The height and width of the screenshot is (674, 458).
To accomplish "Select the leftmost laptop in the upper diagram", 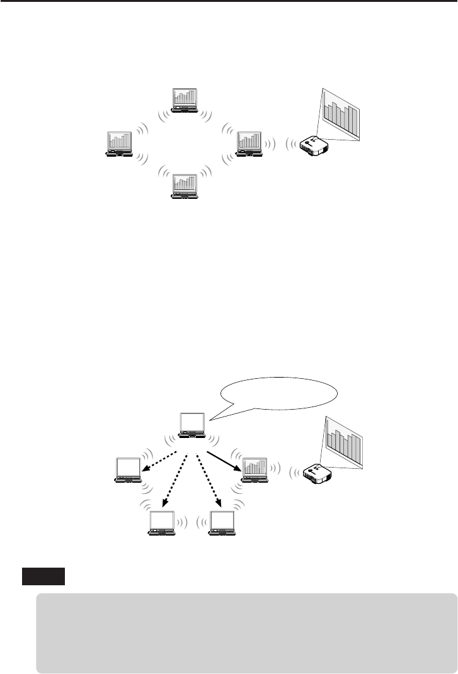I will tap(120, 143).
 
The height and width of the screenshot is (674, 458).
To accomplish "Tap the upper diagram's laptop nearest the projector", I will tap(249, 143).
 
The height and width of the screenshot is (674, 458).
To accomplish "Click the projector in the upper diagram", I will tap(313, 146).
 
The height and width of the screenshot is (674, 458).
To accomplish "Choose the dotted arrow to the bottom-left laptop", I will tap(175, 479).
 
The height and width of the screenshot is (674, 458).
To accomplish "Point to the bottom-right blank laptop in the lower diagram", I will tap(223, 523).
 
